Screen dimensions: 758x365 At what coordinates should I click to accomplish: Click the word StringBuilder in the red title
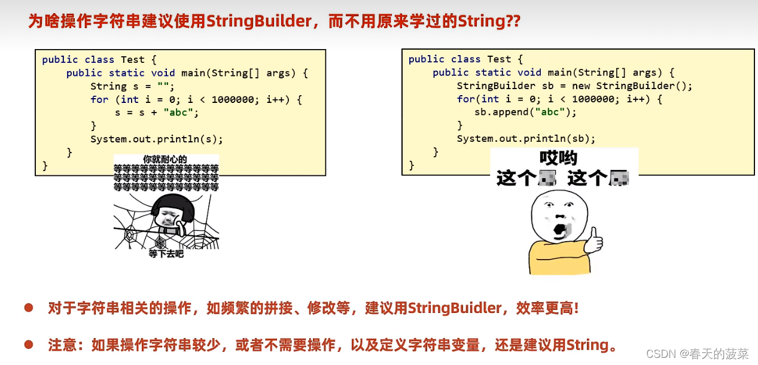click(259, 22)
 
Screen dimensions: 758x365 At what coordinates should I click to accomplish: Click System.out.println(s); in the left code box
click(156, 139)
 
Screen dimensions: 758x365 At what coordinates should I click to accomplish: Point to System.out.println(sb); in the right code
click(526, 138)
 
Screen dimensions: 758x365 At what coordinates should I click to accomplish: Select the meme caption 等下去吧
click(166, 254)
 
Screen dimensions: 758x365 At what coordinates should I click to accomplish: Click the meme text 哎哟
click(558, 158)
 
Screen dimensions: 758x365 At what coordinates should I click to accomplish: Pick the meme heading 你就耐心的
click(165, 159)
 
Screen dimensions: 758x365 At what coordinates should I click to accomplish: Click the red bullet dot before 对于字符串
click(28, 308)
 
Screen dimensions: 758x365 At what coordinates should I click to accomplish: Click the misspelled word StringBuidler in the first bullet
click(454, 309)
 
